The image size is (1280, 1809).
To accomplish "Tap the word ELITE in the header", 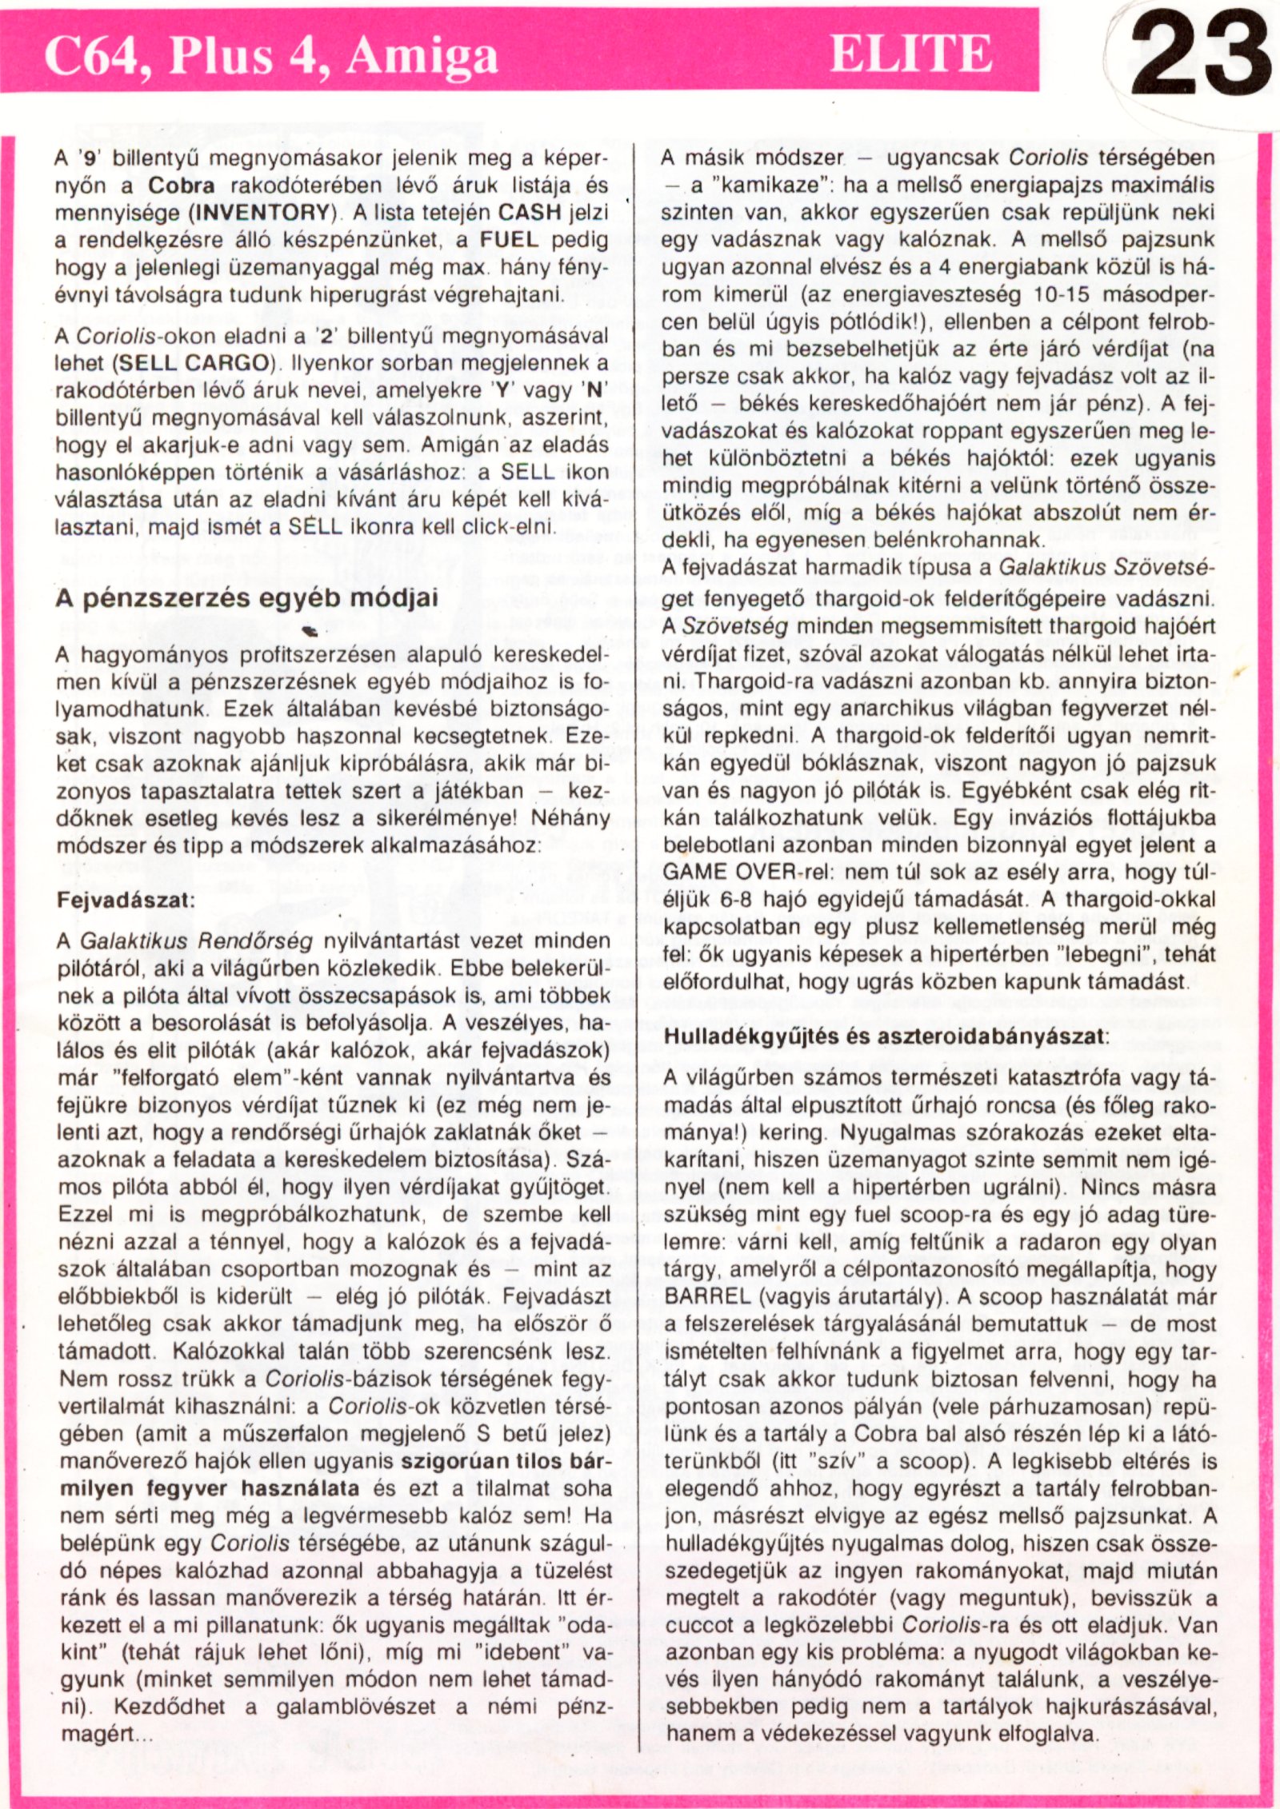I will (x=911, y=54).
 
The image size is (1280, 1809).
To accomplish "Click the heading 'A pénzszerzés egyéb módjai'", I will (x=246, y=598).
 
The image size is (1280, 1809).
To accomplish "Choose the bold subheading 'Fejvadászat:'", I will (x=126, y=899).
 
